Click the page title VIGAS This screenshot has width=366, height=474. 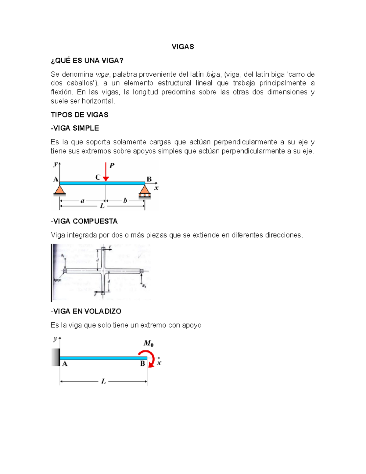coord(183,47)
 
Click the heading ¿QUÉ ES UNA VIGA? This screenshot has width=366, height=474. coord(87,60)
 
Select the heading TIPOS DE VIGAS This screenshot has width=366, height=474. coord(79,115)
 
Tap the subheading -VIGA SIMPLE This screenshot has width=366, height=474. coord(75,128)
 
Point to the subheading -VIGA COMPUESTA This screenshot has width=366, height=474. coord(84,221)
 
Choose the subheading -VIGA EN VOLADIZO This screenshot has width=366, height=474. coord(86,311)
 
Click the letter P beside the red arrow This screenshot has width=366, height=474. coord(112,166)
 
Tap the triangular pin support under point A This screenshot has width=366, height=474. coord(59,190)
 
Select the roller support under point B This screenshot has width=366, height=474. coord(145,191)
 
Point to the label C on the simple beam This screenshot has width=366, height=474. coord(98,177)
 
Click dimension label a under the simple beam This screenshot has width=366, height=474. coord(82,201)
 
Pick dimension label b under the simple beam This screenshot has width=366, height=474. coord(125,201)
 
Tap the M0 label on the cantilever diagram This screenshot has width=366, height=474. coord(149,343)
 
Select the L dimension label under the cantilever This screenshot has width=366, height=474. coord(103,381)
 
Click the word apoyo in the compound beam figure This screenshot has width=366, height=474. coord(57,280)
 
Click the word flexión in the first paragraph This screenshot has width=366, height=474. coord(62,92)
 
